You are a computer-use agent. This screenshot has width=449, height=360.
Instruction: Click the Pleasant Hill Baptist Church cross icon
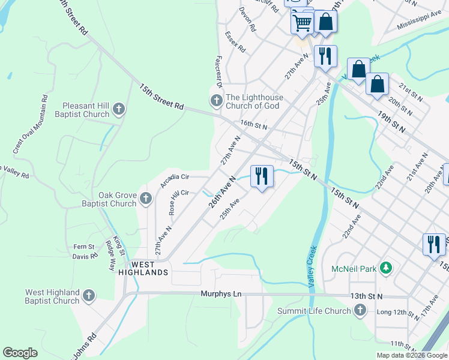[x=119, y=109]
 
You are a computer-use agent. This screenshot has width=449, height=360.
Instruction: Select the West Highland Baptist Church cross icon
[x=89, y=295]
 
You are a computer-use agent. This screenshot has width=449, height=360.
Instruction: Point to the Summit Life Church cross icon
[x=360, y=310]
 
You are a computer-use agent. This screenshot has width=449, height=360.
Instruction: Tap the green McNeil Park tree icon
[x=388, y=268]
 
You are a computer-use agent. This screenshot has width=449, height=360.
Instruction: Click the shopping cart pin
[x=302, y=23]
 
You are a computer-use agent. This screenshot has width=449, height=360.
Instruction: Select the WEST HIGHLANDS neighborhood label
[x=142, y=268]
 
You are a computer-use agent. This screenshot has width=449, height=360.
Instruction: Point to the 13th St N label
[x=366, y=296]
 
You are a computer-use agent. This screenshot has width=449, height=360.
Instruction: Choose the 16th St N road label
[x=253, y=124]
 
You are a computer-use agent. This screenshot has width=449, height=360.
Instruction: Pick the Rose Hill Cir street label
[x=178, y=202]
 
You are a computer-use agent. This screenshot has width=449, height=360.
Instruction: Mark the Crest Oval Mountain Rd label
[x=30, y=123]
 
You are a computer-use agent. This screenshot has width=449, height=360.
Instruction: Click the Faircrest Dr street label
[x=217, y=73]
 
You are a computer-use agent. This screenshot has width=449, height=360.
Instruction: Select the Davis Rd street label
[x=85, y=257]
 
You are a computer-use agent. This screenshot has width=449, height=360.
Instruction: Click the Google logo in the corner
[x=20, y=353]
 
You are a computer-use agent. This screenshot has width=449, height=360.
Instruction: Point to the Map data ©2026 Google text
[x=411, y=355]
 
